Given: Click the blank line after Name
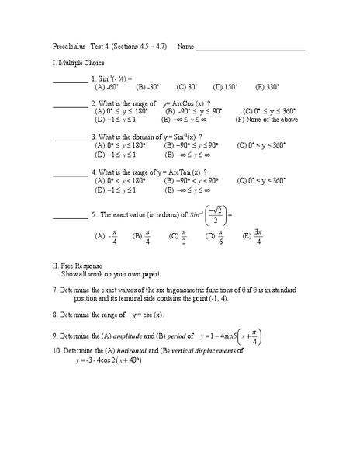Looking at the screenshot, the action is [x=251, y=49].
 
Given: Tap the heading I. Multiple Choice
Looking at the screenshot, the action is [x=84, y=63].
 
